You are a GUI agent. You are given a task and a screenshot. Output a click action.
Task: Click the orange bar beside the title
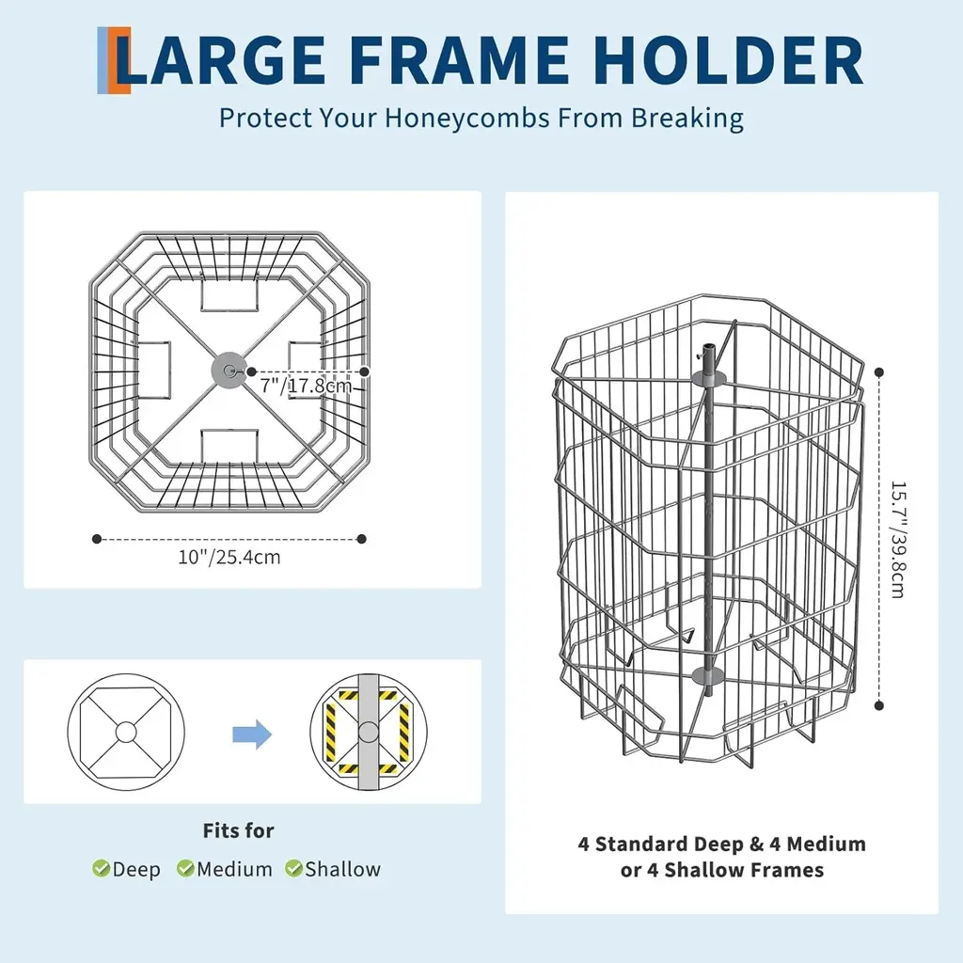(121, 60)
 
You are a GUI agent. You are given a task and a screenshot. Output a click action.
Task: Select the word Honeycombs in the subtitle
(466, 118)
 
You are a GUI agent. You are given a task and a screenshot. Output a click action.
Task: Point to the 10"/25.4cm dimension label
(229, 557)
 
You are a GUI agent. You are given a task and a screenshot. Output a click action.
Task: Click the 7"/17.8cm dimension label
(306, 386)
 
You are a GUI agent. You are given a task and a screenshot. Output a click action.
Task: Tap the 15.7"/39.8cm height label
(898, 540)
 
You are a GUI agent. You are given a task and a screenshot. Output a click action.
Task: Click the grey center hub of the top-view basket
(229, 371)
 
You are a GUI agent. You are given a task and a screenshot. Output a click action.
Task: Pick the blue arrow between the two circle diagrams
(252, 734)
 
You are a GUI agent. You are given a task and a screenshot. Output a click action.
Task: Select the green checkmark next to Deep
(101, 868)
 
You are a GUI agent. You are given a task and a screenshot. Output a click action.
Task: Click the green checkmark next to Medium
(185, 868)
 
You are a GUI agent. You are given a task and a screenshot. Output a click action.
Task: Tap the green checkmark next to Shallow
(293, 868)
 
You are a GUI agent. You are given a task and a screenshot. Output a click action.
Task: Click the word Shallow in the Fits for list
(342, 869)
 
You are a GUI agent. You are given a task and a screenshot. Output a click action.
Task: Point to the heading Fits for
(238, 831)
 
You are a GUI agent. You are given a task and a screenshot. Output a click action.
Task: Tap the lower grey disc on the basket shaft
(709, 676)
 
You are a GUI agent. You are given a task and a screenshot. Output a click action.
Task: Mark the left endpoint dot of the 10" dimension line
(97, 539)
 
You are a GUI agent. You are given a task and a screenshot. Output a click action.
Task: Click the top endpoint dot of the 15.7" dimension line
(879, 372)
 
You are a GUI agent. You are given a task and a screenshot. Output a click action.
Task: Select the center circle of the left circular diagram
(126, 732)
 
